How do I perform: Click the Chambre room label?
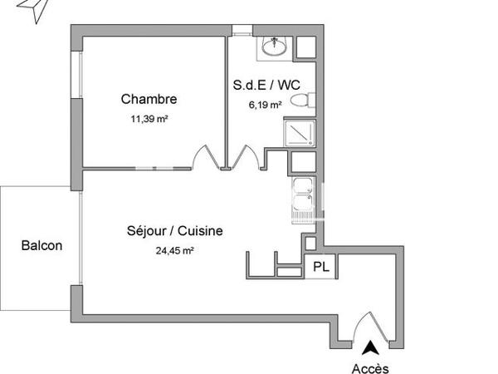(149, 100)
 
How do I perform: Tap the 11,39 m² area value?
(149, 118)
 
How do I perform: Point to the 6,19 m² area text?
(266, 105)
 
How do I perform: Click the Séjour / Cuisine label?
(174, 231)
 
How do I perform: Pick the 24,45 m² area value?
(173, 249)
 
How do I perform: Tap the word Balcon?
(41, 246)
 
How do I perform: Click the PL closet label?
(320, 267)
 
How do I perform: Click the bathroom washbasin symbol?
(272, 48)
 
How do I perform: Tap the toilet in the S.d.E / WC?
(305, 101)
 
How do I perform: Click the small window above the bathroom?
(241, 32)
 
